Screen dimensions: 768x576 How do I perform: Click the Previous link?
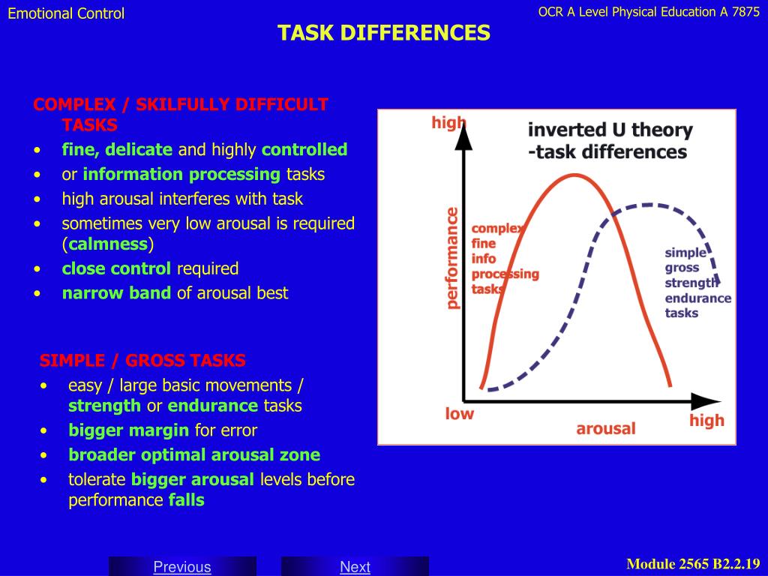pyautogui.click(x=182, y=567)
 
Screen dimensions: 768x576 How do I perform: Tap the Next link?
pyautogui.click(x=355, y=567)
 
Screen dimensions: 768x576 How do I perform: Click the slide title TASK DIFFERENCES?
pyautogui.click(x=384, y=33)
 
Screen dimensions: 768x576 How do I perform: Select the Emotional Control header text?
pyautogui.click(x=66, y=13)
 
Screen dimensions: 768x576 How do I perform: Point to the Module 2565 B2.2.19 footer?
pyautogui.click(x=693, y=564)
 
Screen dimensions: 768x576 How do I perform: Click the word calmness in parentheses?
pyautogui.click(x=108, y=244)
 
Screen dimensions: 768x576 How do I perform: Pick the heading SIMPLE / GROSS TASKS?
pyautogui.click(x=142, y=361)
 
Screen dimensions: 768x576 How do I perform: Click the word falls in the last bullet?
pyautogui.click(x=187, y=500)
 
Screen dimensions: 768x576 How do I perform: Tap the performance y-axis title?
pyautogui.click(x=452, y=258)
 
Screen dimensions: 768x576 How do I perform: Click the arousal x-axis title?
pyautogui.click(x=606, y=428)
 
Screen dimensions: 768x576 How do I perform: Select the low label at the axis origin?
pyautogui.click(x=460, y=414)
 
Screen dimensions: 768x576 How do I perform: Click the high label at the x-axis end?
pyautogui.click(x=706, y=421)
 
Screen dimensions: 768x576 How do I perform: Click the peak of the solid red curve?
pyautogui.click(x=576, y=175)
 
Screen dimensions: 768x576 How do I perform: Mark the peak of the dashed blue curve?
pyautogui.click(x=647, y=205)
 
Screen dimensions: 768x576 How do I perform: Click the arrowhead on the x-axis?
pyautogui.click(x=706, y=401)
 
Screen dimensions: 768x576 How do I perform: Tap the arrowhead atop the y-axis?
pyautogui.click(x=463, y=137)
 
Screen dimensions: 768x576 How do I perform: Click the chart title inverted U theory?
pyautogui.click(x=610, y=130)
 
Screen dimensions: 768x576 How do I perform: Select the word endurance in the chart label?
pyautogui.click(x=698, y=298)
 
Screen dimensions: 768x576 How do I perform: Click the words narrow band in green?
pyautogui.click(x=116, y=293)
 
